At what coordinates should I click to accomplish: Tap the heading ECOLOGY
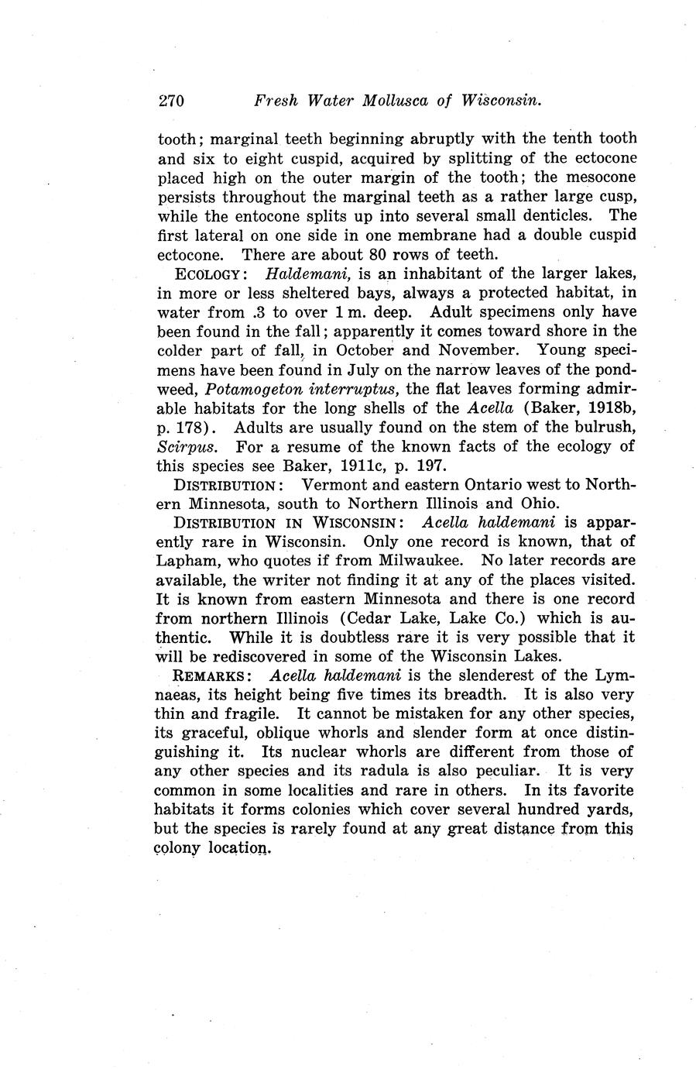(211, 274)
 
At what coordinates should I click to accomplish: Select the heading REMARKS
(210, 675)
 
